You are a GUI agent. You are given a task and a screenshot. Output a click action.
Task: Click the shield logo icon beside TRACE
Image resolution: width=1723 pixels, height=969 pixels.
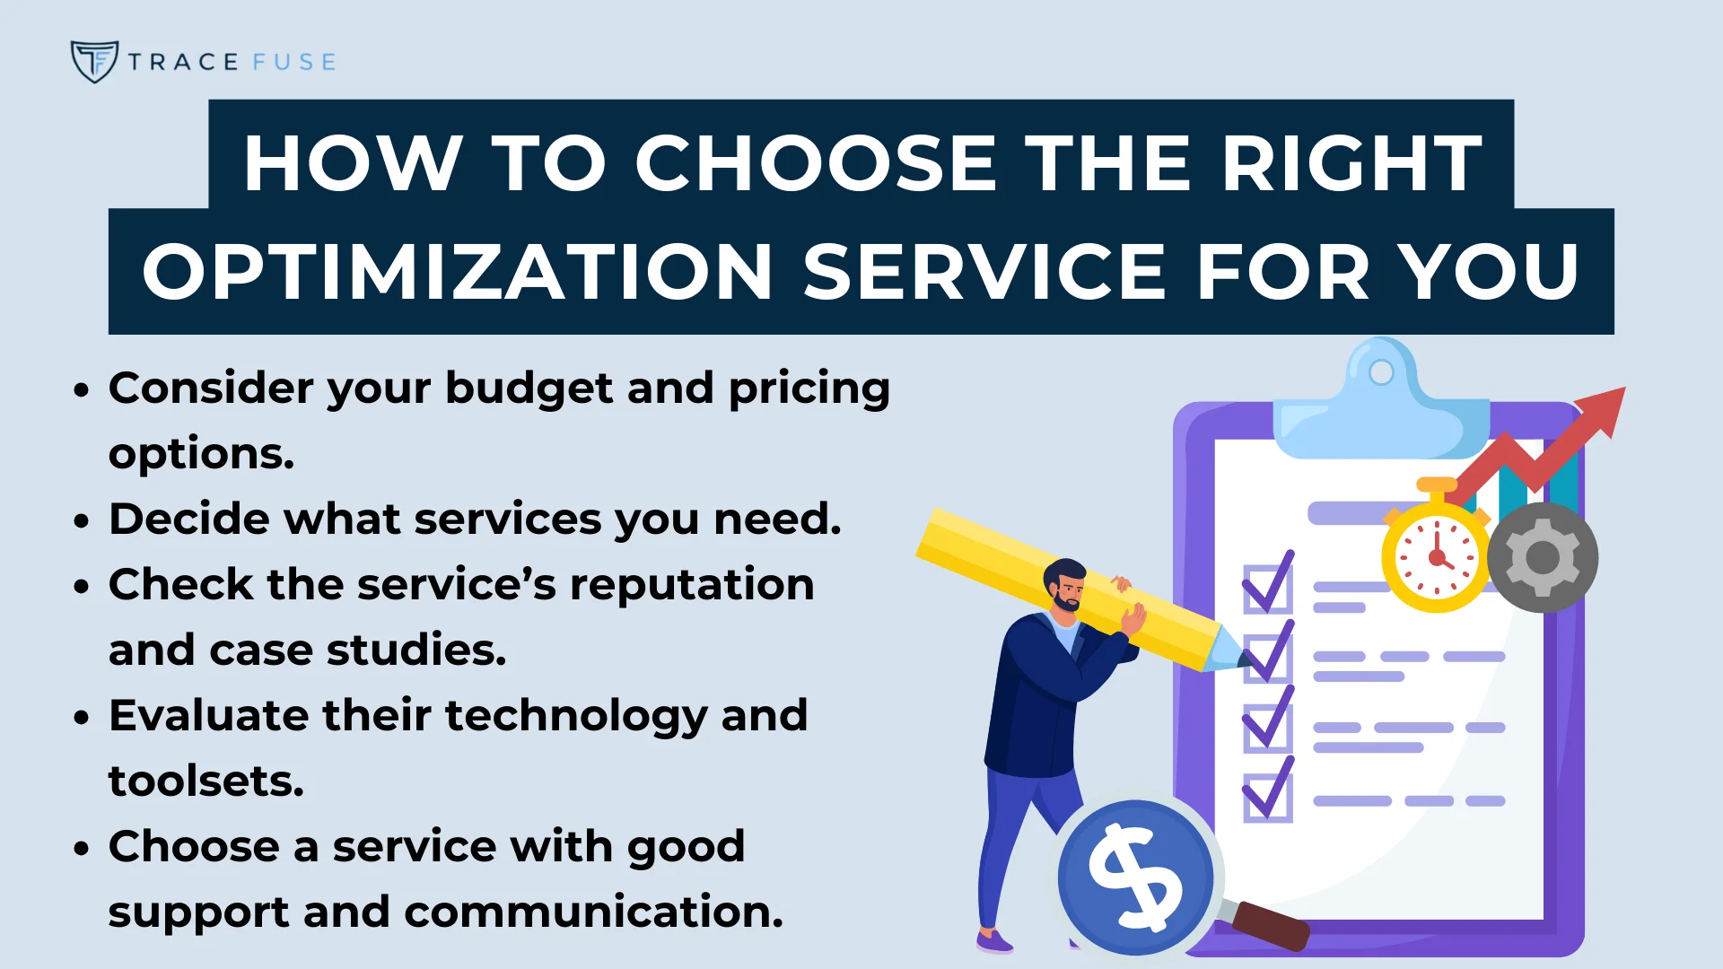94,61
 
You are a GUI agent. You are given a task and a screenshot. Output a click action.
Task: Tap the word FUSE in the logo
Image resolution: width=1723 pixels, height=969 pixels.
294,62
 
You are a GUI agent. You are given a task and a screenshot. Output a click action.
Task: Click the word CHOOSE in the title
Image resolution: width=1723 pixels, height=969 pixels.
816,163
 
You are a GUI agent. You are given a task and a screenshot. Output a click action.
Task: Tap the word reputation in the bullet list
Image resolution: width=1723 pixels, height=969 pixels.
692,584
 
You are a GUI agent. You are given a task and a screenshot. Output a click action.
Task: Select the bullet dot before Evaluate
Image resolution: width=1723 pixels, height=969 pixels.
83,718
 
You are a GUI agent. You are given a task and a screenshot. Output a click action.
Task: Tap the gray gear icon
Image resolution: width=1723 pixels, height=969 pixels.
1542,557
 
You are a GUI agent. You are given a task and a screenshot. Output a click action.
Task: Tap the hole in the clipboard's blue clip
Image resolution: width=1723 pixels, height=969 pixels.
1381,371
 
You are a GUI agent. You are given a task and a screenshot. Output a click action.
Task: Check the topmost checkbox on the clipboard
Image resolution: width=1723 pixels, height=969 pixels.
1267,589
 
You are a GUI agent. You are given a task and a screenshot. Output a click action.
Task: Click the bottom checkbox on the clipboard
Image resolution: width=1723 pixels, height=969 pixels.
1267,797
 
